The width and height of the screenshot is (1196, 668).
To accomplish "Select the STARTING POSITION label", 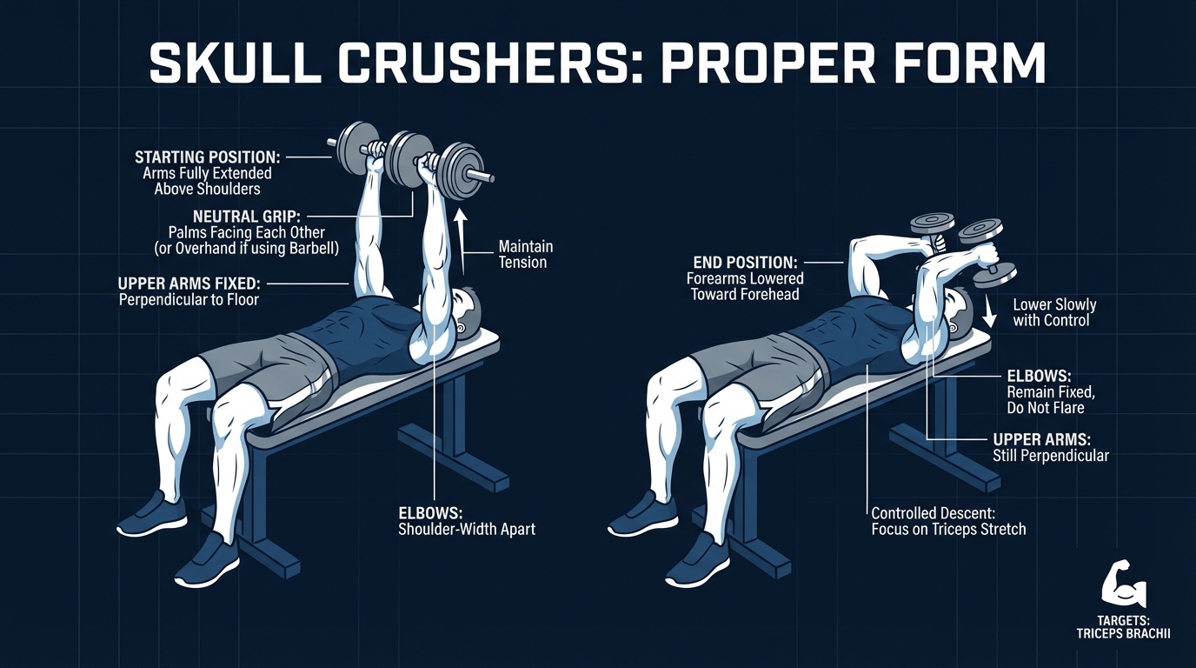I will click(x=208, y=157).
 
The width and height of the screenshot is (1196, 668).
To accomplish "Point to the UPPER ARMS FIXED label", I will click(x=193, y=284).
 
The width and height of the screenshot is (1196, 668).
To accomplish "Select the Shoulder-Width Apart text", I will click(x=467, y=528).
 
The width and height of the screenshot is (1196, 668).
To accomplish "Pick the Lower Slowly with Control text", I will click(x=1054, y=312).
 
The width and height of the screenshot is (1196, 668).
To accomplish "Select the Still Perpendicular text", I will click(x=1050, y=455).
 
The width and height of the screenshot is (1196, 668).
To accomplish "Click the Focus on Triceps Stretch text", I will click(x=948, y=528).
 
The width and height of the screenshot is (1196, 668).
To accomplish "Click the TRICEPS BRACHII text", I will click(x=1122, y=634).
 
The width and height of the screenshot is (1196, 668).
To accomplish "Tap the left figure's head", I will click(x=468, y=310).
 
